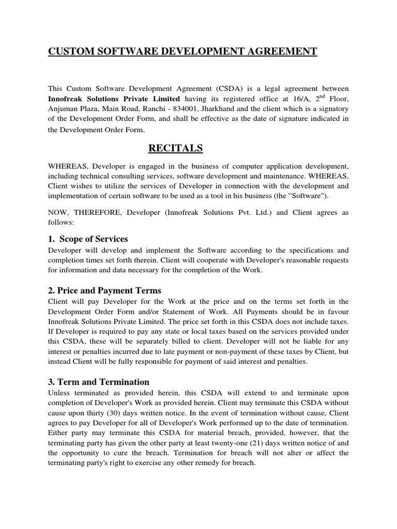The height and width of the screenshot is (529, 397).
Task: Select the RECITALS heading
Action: pyautogui.click(x=176, y=149)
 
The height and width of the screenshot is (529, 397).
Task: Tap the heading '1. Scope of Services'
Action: pyautogui.click(x=88, y=239)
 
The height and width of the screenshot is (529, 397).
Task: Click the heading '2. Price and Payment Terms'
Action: pyautogui.click(x=104, y=290)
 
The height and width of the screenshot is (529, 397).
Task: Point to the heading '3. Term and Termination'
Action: pyautogui.click(x=99, y=382)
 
